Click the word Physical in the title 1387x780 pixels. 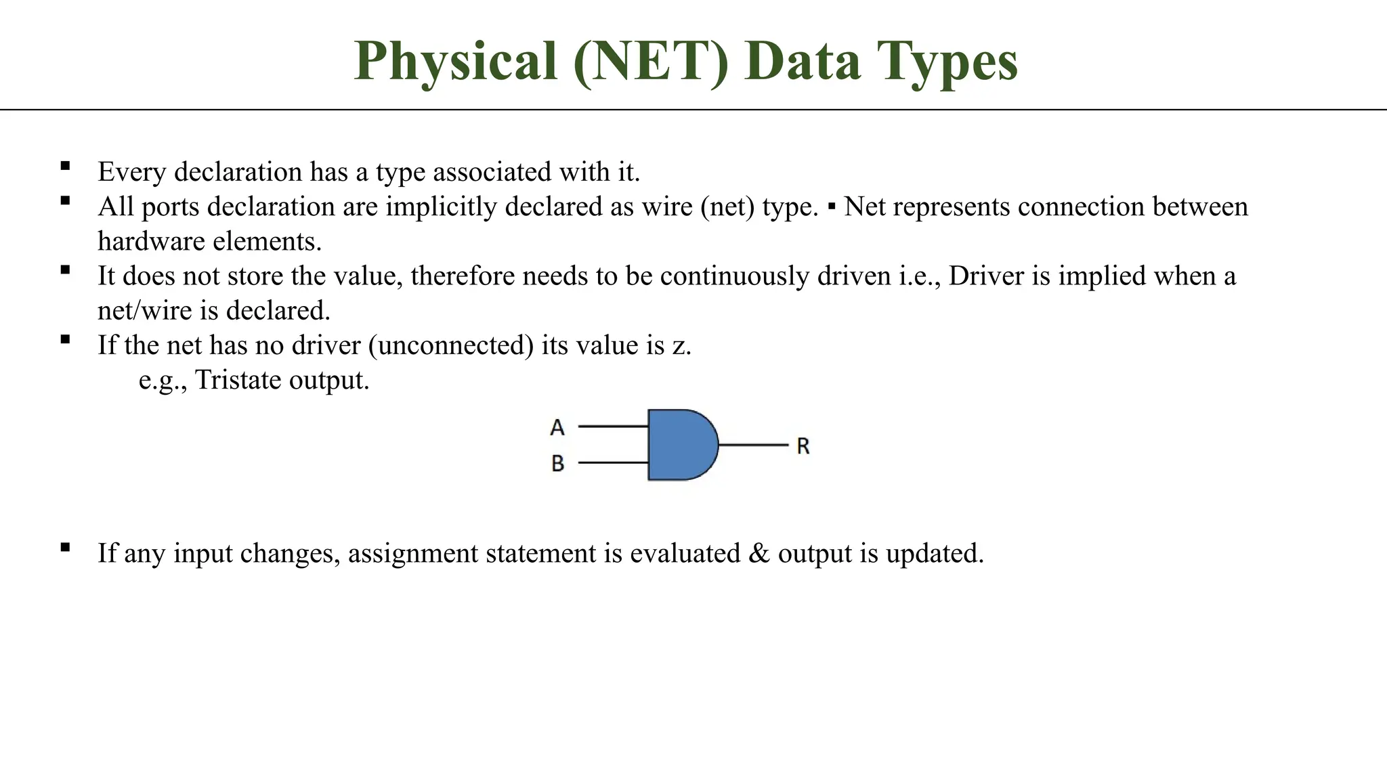pyautogui.click(x=455, y=62)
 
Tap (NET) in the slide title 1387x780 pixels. pyautogui.click(x=650, y=62)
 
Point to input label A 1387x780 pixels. pyautogui.click(x=557, y=427)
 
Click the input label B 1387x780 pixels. pyautogui.click(x=557, y=463)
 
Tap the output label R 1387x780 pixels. pyautogui.click(x=803, y=446)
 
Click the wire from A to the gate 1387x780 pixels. pyautogui.click(x=613, y=426)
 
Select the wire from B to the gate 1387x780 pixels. pyautogui.click(x=613, y=462)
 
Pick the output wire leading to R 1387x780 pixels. pyautogui.click(x=753, y=445)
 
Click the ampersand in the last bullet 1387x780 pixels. pyautogui.click(x=759, y=553)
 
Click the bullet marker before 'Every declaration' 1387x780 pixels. pyautogui.click(x=65, y=166)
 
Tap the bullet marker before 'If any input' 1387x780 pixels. pyautogui.click(x=65, y=547)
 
